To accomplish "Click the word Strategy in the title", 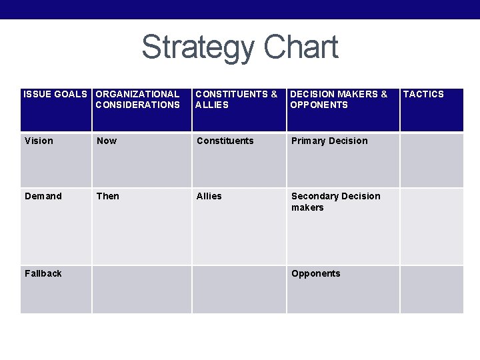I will pyautogui.click(x=198, y=48).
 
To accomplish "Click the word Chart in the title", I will pyautogui.click(x=301, y=48).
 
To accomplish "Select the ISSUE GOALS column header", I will pyautogui.click(x=55, y=95).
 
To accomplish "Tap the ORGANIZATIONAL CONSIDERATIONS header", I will pyautogui.click(x=137, y=99).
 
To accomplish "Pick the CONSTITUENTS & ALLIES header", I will pyautogui.click(x=237, y=99).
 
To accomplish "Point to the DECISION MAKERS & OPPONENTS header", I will pyautogui.click(x=339, y=99).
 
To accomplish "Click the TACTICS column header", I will pyautogui.click(x=423, y=95).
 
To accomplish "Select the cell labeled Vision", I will pyautogui.click(x=39, y=141).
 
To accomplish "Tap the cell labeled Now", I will pyautogui.click(x=107, y=141).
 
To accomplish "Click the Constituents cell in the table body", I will pyautogui.click(x=225, y=141).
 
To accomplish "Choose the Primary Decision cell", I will pyautogui.click(x=329, y=141).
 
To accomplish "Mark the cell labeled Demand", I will pyautogui.click(x=43, y=196).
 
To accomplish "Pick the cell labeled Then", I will pyautogui.click(x=108, y=196).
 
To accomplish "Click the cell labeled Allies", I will pyautogui.click(x=209, y=196).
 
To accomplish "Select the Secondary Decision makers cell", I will pyautogui.click(x=335, y=201).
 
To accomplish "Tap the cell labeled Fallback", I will pyautogui.click(x=43, y=273).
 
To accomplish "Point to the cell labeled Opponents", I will pyautogui.click(x=315, y=273).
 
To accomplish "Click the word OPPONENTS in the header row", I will pyautogui.click(x=319, y=105).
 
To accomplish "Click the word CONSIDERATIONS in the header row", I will pyautogui.click(x=137, y=105).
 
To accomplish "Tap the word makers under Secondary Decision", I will pyautogui.click(x=307, y=207).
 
